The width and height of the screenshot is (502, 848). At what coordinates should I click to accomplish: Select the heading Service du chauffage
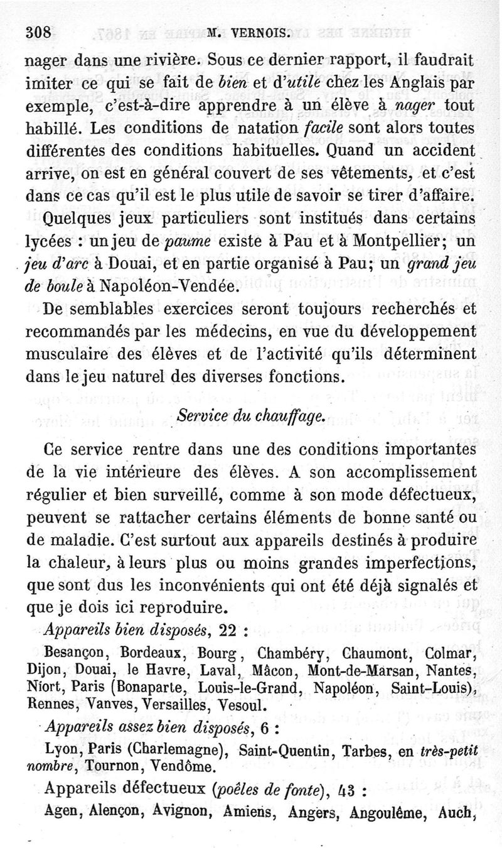[x=250, y=416]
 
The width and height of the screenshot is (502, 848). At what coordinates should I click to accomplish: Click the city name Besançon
[x=78, y=654]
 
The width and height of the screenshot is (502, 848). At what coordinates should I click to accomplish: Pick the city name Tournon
[x=115, y=766]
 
